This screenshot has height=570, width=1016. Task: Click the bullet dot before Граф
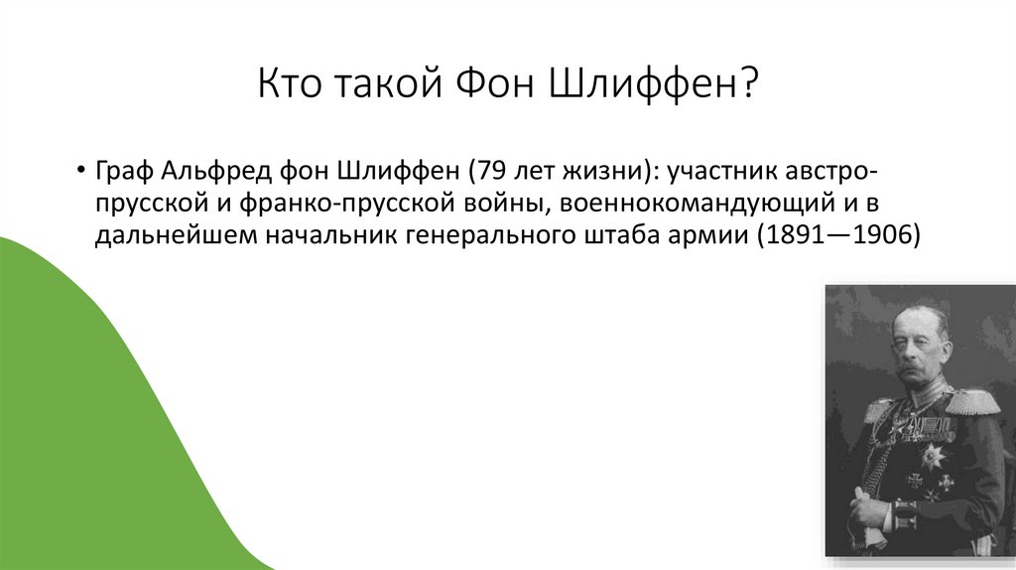click(x=79, y=170)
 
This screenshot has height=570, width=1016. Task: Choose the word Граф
click(x=122, y=170)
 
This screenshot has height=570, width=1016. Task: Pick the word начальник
click(x=313, y=237)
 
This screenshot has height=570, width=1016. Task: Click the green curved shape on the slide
click(x=99, y=417)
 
